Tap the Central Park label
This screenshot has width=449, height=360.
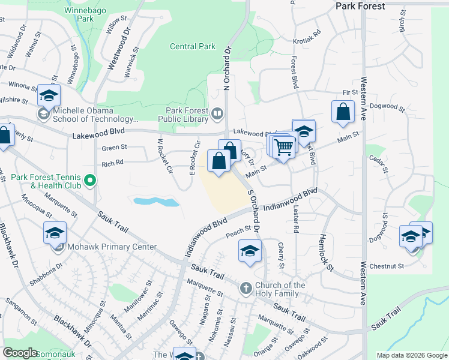pyautogui.click(x=192, y=46)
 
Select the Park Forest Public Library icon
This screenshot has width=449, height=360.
pyautogui.click(x=217, y=112)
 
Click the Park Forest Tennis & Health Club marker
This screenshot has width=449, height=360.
pyautogui.click(x=90, y=179)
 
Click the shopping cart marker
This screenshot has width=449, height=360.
pyautogui.click(x=284, y=147)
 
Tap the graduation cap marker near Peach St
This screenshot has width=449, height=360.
pyautogui.click(x=250, y=251)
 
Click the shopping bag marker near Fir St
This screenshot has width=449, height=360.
pyautogui.click(x=342, y=112)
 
